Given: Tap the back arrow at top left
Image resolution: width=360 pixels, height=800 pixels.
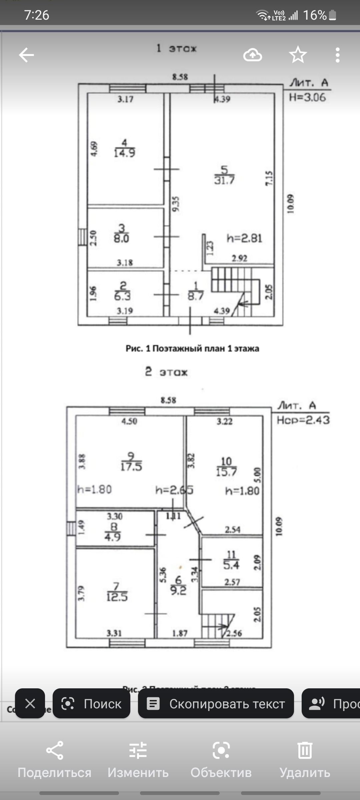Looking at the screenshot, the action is tap(26, 55).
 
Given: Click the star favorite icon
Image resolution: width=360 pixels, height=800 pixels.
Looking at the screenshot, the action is tap(298, 55).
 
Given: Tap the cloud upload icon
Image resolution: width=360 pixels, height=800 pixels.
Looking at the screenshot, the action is tap(253, 55).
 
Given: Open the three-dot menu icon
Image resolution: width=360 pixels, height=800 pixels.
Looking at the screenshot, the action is tap(337, 55).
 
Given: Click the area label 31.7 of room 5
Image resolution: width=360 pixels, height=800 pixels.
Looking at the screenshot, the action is tap(224, 180).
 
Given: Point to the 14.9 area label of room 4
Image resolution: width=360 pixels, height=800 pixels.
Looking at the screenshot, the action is tap(124, 153).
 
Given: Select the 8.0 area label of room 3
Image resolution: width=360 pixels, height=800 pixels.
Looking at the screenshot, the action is tap(121, 238).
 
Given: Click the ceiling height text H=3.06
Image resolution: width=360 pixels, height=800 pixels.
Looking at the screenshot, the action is tap(307, 97).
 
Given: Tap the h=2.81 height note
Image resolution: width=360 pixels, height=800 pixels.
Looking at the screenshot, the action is tap(244, 238).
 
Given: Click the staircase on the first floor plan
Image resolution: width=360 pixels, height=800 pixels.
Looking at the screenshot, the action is tap(235, 287).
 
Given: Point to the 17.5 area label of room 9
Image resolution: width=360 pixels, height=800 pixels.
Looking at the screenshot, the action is tap(131, 466).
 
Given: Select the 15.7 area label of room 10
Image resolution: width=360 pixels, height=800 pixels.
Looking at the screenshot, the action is tap(226, 472).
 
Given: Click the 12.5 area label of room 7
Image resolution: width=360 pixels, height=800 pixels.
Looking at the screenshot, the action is tap(117, 597).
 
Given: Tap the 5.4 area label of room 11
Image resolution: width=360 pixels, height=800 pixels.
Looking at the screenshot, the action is tap(231, 565).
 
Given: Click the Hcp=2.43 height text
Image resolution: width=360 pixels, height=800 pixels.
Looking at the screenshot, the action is tap(303, 420).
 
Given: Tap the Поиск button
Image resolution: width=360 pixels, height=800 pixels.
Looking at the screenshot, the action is tap(91, 704).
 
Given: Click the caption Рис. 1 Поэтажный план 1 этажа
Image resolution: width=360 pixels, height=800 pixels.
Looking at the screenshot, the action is tap(192, 349).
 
